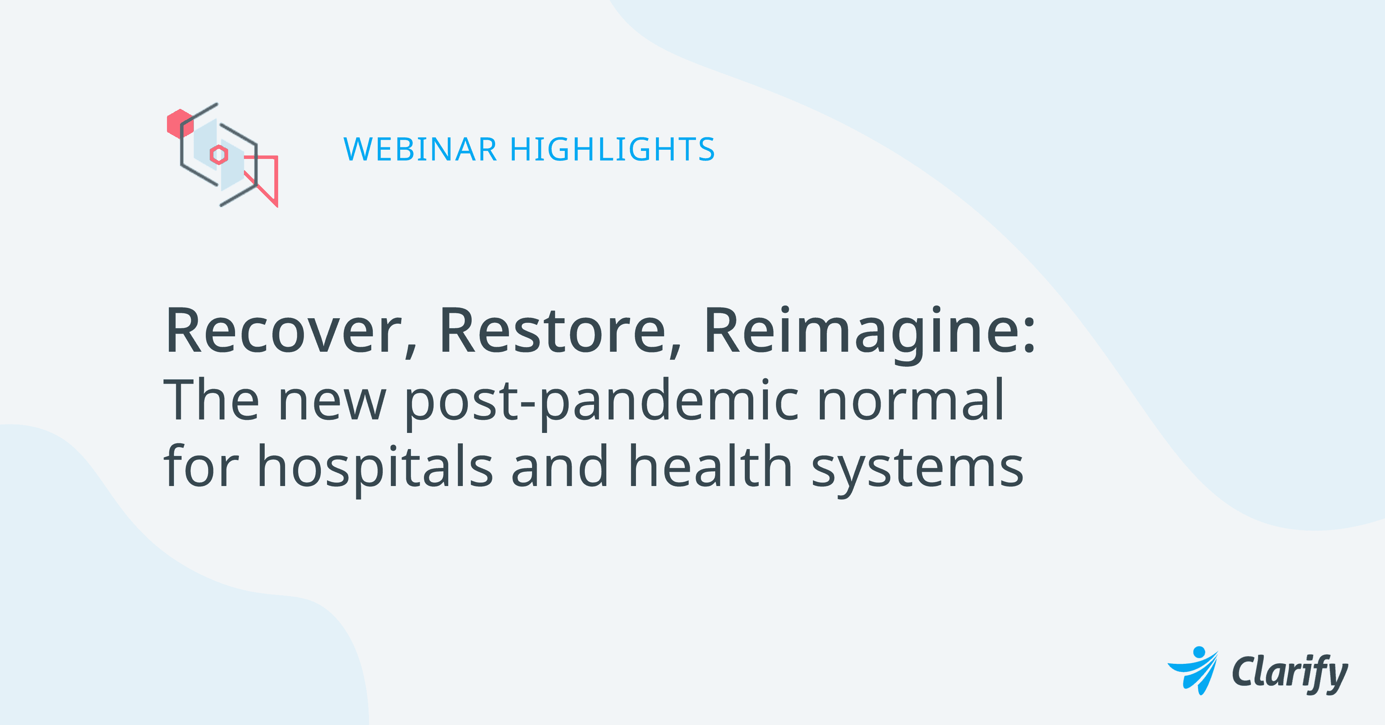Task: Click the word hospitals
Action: tap(375, 468)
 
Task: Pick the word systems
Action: tap(917, 471)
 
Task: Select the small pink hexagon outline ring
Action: tap(219, 155)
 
